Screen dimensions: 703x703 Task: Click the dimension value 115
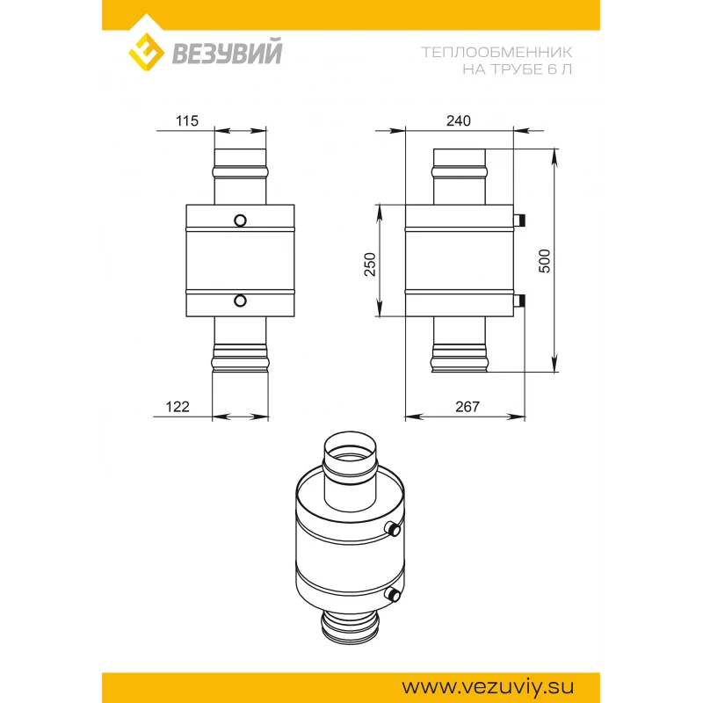tap(187, 120)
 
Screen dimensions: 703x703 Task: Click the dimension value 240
tap(458, 120)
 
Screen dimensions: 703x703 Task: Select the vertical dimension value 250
tap(370, 265)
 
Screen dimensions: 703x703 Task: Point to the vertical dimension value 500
tap(544, 261)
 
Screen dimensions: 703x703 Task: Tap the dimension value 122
tap(178, 407)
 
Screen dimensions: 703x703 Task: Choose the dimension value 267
tap(467, 407)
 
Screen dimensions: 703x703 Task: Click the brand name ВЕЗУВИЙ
tap(228, 52)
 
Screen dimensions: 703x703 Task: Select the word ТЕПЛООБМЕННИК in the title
tap(496, 52)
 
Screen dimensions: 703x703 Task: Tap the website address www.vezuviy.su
tap(488, 686)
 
